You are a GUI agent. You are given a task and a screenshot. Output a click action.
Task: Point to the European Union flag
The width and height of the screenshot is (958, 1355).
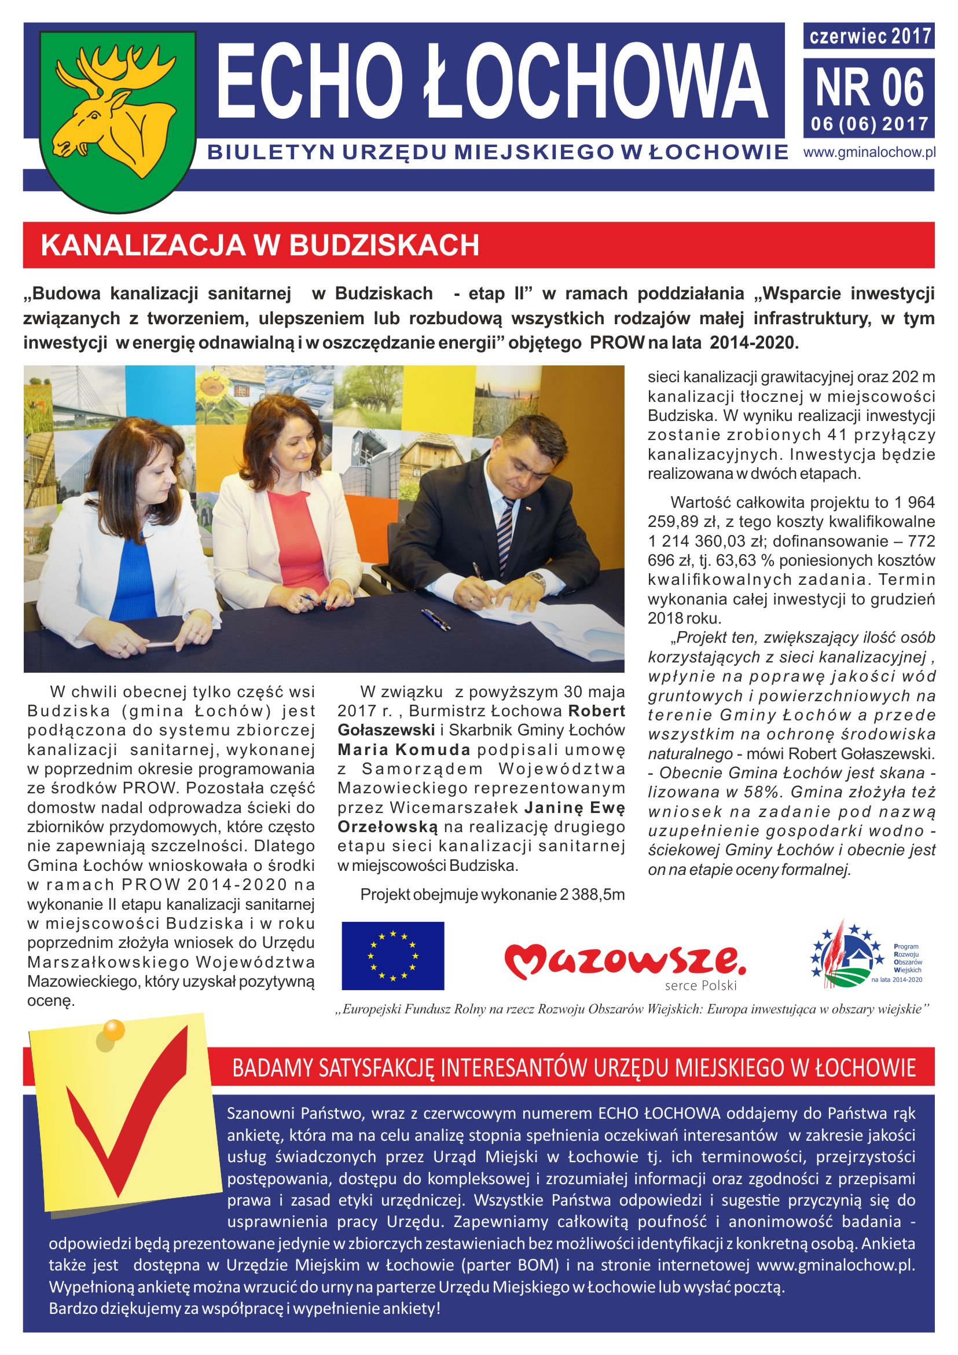coord(393,955)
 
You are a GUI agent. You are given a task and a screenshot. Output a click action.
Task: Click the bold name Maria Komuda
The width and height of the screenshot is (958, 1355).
coord(403,750)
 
